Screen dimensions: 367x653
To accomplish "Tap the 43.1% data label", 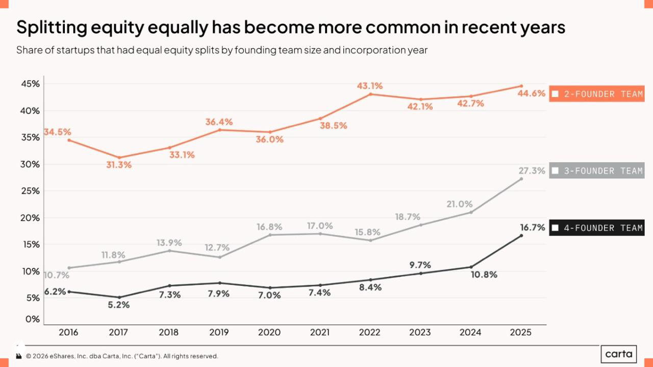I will [369, 86].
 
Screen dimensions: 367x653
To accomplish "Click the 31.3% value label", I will [119, 165].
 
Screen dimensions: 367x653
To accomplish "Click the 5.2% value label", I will [119, 305].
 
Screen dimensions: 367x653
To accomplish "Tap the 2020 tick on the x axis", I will [269, 332].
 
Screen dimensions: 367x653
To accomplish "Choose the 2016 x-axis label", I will [68, 332].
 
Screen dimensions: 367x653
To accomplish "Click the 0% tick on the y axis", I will [33, 319].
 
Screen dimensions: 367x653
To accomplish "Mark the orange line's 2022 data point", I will [370, 94].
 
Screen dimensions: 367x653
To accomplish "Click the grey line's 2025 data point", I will [521, 179].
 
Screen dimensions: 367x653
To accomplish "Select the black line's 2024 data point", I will [471, 267].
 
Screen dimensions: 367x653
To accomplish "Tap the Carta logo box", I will [619, 354].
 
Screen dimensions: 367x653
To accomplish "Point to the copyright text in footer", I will [122, 356].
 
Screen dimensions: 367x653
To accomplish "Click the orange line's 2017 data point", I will [119, 158].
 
